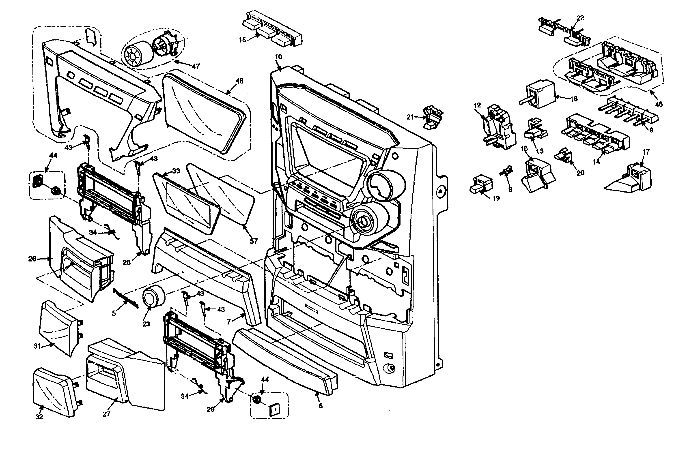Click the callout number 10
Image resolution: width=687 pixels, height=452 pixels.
(x=279, y=57)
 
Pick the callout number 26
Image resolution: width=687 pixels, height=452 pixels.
(x=32, y=259)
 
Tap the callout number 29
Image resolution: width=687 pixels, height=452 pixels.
(x=211, y=409)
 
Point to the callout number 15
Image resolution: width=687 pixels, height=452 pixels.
(x=242, y=40)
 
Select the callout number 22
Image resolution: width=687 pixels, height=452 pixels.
(x=580, y=18)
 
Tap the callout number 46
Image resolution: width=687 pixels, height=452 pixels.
(x=659, y=104)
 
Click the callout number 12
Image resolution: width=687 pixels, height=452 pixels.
(x=477, y=105)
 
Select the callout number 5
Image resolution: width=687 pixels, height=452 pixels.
(x=114, y=313)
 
